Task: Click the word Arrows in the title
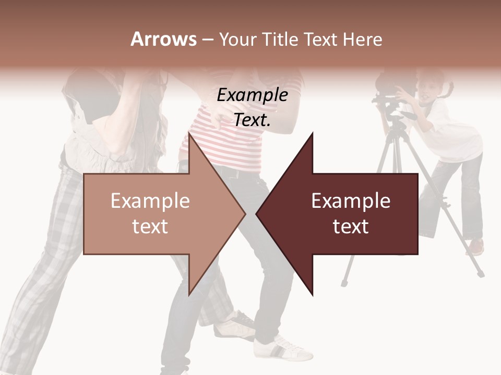point(163,39)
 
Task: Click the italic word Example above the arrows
point(252,95)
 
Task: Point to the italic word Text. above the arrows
point(252,120)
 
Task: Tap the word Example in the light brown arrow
point(150,201)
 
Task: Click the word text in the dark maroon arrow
point(351,226)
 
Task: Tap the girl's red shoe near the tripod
point(476,246)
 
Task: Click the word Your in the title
point(237,39)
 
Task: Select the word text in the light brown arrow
point(150,226)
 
